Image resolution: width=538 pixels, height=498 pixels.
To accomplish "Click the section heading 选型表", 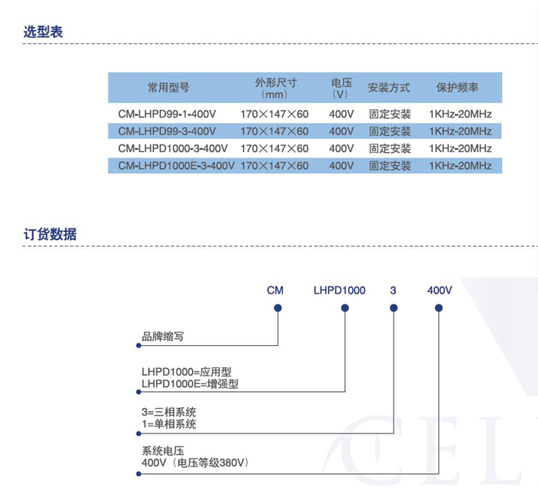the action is point(43,32).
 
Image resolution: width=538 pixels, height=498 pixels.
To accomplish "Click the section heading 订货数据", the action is point(50,234).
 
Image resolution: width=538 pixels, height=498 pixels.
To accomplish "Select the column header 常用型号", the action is point(168,88).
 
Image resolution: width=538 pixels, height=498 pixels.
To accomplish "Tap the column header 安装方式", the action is point(389,88).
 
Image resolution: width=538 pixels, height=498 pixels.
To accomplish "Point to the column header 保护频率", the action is point(457,88).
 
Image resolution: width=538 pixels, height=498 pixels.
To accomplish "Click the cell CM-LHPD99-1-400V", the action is point(167,114).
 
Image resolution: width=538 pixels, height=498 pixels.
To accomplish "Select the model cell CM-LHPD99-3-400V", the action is point(167,131).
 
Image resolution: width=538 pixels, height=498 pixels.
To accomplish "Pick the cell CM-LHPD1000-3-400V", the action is point(173,148).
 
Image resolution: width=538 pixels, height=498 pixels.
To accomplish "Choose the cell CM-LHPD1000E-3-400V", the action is point(176,166).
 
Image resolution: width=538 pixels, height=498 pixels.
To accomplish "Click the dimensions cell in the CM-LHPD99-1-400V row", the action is point(274,114).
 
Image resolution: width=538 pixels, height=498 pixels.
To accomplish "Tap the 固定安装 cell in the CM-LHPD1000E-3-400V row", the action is point(390,166).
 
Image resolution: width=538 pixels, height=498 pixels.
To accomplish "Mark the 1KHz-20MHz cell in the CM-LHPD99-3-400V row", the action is point(460,131).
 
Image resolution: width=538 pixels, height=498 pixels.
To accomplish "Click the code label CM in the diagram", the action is point(275,290).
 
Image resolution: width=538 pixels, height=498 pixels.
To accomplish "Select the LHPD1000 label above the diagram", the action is point(340,290).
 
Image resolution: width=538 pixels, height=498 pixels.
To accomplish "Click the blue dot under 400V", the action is point(439,308).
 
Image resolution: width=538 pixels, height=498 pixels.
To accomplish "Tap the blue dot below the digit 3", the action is point(394,308).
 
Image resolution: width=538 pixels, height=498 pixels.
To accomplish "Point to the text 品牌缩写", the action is point(163,337).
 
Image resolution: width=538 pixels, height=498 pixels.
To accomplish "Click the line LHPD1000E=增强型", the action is point(190,383).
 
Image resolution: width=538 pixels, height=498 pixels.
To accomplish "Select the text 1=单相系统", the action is point(169,424).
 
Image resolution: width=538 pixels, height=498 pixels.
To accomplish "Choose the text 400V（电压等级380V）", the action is point(195,463).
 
